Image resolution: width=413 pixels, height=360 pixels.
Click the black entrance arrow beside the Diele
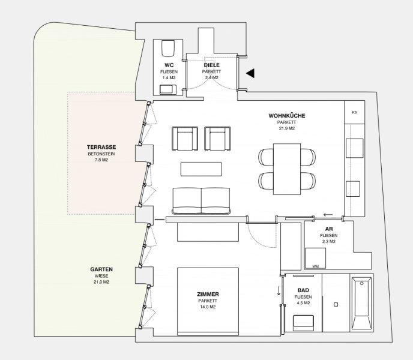tap(251, 73)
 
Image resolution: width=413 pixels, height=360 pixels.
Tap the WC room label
tap(169, 65)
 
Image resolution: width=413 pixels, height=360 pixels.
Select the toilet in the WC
tap(168, 48)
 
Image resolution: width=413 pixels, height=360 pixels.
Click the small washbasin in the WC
tap(168, 89)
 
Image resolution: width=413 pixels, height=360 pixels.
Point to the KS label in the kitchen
tap(354, 112)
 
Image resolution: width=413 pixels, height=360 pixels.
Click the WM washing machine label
tap(316, 266)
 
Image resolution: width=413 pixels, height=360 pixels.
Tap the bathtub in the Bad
tap(361, 304)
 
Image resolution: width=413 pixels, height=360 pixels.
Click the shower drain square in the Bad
tap(336, 304)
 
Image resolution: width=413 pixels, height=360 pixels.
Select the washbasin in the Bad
tap(303, 323)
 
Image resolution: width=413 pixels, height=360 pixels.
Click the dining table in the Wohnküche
tap(287, 169)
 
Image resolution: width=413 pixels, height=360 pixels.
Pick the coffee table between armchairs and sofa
tap(201, 169)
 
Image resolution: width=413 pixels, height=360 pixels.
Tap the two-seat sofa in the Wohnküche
tap(201, 200)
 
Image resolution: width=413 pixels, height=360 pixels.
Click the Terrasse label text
tap(101, 147)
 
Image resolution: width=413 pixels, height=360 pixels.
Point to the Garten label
tap(101, 269)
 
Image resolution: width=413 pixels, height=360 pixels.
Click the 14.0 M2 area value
tap(208, 307)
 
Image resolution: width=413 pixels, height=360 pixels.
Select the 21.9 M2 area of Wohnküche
tap(287, 128)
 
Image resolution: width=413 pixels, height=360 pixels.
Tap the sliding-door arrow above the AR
tap(328, 215)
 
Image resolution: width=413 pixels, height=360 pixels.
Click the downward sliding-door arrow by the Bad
tap(279, 291)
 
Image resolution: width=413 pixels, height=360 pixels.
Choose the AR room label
tap(329, 229)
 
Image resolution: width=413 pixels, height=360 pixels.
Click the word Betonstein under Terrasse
tap(101, 154)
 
